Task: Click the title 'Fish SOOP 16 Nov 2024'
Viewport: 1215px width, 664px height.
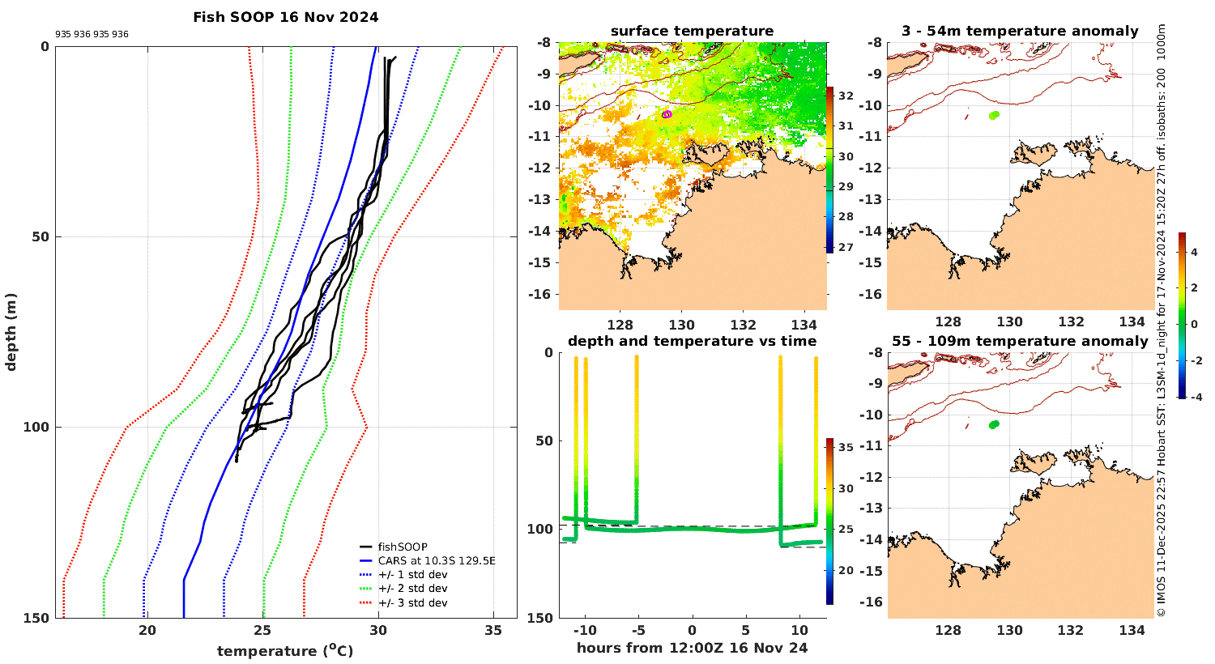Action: coord(285,17)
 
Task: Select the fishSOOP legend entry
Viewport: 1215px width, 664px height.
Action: coord(403,547)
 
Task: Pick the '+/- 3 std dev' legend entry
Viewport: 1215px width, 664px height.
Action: coord(412,603)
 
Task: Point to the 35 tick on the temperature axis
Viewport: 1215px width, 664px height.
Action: coord(493,632)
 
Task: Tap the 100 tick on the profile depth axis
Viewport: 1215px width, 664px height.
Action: coord(39,428)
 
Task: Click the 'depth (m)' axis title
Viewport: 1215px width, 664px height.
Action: coord(11,331)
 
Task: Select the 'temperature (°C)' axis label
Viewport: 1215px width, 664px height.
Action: coord(285,651)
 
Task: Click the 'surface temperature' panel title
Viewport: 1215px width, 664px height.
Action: coord(692,32)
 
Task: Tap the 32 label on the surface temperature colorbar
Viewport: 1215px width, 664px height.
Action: coord(845,96)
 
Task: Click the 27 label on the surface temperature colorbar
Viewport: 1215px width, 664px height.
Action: coord(845,247)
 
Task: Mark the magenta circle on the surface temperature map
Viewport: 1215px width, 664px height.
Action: coord(667,114)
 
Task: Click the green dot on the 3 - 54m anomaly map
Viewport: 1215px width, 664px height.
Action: coord(994,115)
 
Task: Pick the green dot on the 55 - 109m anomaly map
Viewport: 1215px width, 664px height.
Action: coord(994,424)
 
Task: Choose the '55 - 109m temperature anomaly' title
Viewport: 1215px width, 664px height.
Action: coord(1020,342)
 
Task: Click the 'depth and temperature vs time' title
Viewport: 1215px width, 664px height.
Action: coord(692,342)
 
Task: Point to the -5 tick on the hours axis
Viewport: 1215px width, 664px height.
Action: coord(637,631)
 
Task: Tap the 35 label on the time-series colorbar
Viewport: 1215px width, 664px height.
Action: coord(845,447)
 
